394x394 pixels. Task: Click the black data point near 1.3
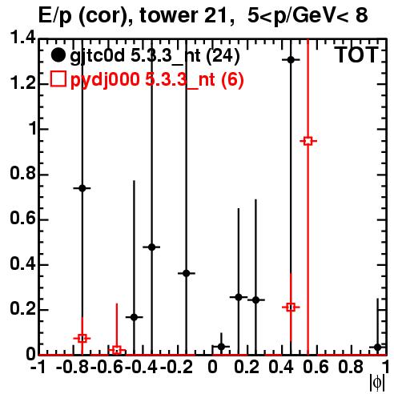pos(291,60)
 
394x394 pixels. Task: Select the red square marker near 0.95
pos(308,141)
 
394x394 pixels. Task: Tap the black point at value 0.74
pos(82,188)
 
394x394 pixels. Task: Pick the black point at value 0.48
pos(152,247)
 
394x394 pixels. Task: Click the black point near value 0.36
pos(187,273)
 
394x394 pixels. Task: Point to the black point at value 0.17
pos(135,317)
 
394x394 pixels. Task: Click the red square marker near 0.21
pos(291,307)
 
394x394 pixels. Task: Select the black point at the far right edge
pos(377,348)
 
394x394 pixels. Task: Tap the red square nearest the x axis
pos(117,350)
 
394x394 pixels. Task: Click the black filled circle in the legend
pos(58,55)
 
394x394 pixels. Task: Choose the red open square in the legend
pos(58,79)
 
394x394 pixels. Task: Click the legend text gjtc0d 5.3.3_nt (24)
pos(155,56)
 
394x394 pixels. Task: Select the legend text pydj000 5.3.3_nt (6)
pos(157,79)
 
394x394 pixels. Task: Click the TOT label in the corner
pos(356,54)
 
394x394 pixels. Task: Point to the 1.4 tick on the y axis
pos(23,38)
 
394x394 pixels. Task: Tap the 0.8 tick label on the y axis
pos(23,174)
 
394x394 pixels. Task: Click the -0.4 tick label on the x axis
pos(141,367)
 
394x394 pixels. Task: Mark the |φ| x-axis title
pos(377,383)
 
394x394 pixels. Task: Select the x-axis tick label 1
pos(384,367)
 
